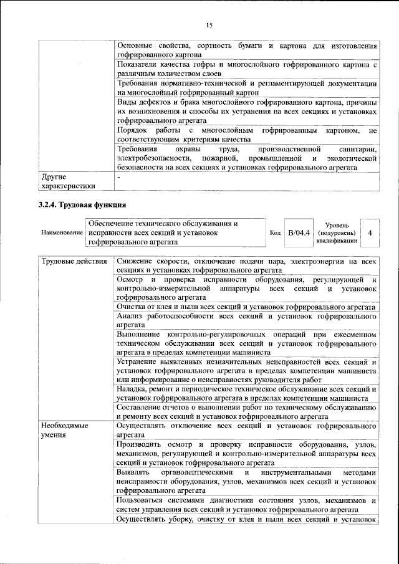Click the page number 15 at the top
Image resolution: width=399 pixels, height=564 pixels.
click(209, 24)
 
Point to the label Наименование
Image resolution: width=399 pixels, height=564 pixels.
click(62, 232)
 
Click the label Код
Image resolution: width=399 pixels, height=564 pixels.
click(275, 232)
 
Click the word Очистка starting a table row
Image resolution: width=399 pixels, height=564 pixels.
click(132, 307)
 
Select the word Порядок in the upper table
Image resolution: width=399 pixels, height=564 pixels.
click(133, 130)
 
